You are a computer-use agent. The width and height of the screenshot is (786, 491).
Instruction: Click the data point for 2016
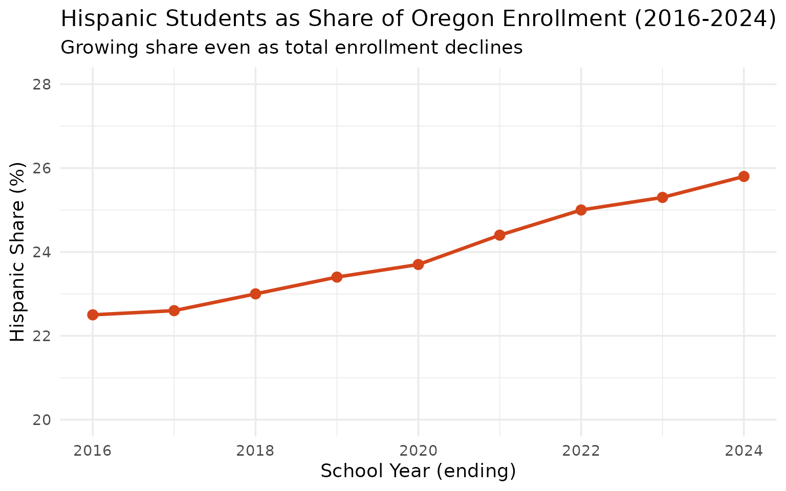93,315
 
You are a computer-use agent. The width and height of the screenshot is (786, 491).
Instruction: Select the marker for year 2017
174,310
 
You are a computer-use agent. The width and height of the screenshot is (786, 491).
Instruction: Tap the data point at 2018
255,294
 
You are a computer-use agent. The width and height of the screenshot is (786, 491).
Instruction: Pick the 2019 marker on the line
337,277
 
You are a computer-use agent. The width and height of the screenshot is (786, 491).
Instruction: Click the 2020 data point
418,264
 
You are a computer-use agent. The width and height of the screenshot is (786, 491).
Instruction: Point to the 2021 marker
500,235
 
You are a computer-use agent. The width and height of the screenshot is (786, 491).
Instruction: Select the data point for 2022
581,210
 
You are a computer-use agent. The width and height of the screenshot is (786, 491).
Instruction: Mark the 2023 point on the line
663,197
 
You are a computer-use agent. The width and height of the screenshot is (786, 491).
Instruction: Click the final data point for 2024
744,176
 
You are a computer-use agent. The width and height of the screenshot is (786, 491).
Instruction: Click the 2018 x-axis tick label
255,451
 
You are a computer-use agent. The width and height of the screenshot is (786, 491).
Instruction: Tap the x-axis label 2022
581,451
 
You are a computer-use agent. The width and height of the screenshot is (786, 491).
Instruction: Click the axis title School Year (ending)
418,471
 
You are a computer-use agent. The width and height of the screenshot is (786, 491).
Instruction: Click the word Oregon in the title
451,19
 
